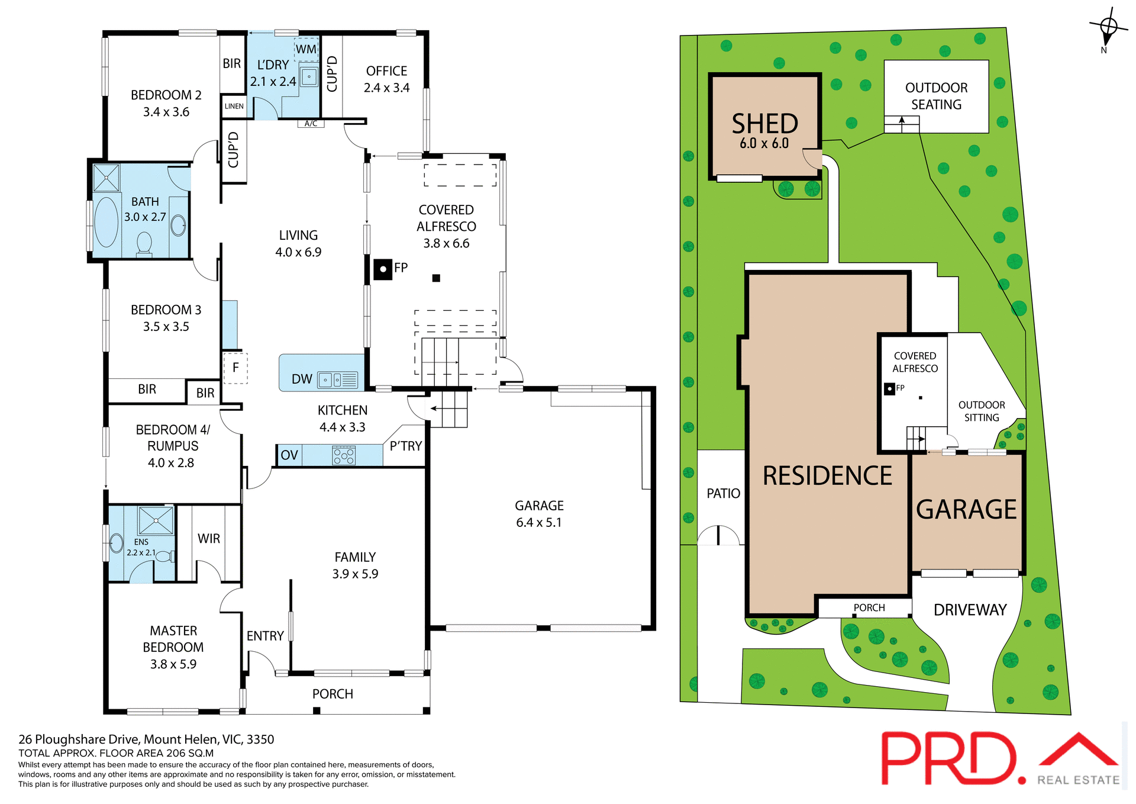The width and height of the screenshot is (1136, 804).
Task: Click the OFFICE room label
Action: click(x=386, y=72)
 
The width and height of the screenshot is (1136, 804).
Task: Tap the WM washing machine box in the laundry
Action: click(x=306, y=49)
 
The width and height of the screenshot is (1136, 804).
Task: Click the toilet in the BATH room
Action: click(x=144, y=244)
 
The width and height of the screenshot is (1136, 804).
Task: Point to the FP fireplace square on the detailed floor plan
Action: click(x=383, y=269)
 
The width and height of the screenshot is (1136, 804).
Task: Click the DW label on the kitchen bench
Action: click(x=302, y=380)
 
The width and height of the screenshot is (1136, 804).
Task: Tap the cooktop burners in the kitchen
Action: click(x=344, y=455)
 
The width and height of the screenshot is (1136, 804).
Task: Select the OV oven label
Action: click(x=289, y=455)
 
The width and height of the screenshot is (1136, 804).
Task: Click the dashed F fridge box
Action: click(x=235, y=368)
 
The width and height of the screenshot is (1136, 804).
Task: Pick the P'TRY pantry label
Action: click(x=406, y=446)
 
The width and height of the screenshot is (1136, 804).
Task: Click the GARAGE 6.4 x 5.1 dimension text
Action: click(x=538, y=523)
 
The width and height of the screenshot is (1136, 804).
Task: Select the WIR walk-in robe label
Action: click(x=209, y=539)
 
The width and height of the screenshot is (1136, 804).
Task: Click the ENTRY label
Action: click(x=265, y=636)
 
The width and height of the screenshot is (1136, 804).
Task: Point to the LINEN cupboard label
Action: click(x=234, y=107)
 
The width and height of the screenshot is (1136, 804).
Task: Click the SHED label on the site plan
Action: click(x=764, y=124)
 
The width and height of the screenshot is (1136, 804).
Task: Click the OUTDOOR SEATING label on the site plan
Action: click(x=936, y=96)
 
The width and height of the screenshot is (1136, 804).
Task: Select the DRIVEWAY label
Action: click(x=970, y=610)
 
